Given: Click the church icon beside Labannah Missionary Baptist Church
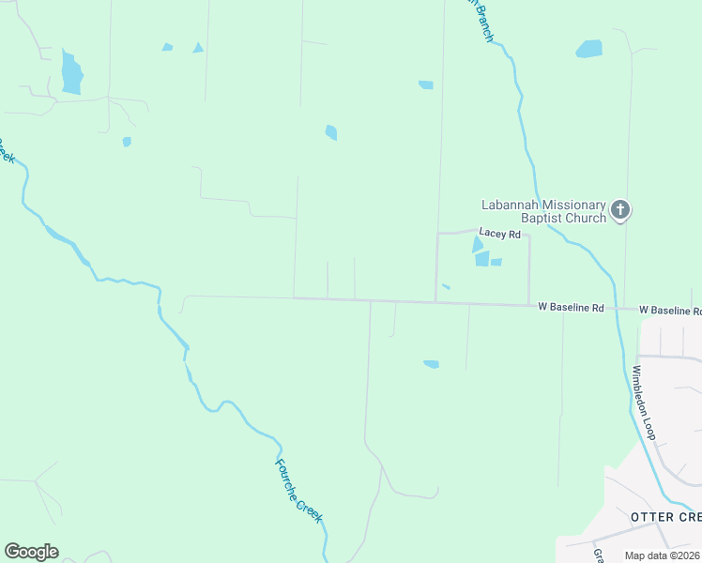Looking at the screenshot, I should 619,210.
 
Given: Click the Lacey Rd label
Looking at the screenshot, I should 499,234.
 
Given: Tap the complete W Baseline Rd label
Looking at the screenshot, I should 571,308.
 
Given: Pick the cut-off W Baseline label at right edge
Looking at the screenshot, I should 670,310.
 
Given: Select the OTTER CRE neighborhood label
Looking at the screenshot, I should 665,517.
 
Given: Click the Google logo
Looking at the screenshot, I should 31,552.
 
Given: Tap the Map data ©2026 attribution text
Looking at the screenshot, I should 663,555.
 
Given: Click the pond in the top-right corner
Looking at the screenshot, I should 589,49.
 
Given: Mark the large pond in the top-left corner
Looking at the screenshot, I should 71,72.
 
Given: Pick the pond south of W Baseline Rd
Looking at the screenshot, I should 431,364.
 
